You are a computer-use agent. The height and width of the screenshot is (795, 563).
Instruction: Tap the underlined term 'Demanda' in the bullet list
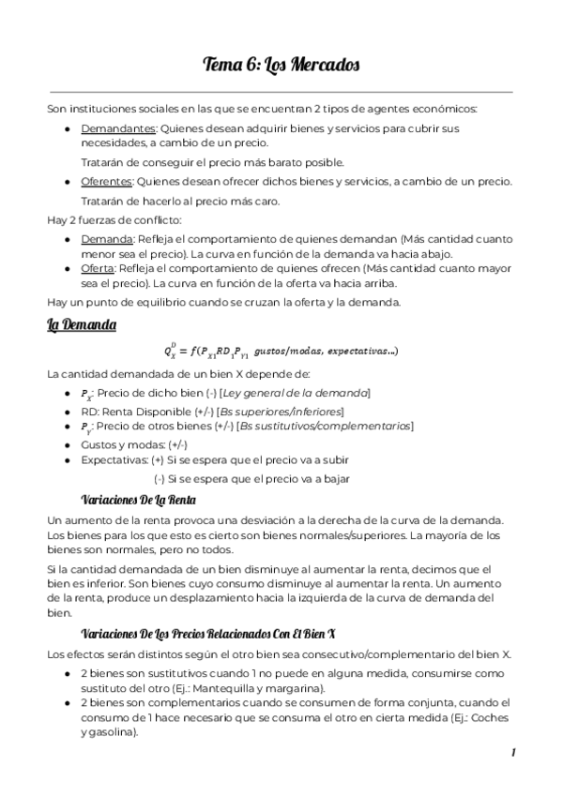click(x=107, y=239)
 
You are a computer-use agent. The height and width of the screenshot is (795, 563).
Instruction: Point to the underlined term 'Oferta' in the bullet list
click(x=99, y=268)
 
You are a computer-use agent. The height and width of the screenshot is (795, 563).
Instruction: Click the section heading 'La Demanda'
click(x=82, y=325)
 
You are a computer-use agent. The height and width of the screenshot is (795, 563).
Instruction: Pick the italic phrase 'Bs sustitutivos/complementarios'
click(x=325, y=426)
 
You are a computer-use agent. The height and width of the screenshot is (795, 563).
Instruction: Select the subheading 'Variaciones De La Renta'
click(x=139, y=499)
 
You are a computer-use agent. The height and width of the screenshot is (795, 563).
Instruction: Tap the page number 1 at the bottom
click(x=513, y=753)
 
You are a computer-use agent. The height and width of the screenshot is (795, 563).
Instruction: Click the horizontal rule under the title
click(x=281, y=92)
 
